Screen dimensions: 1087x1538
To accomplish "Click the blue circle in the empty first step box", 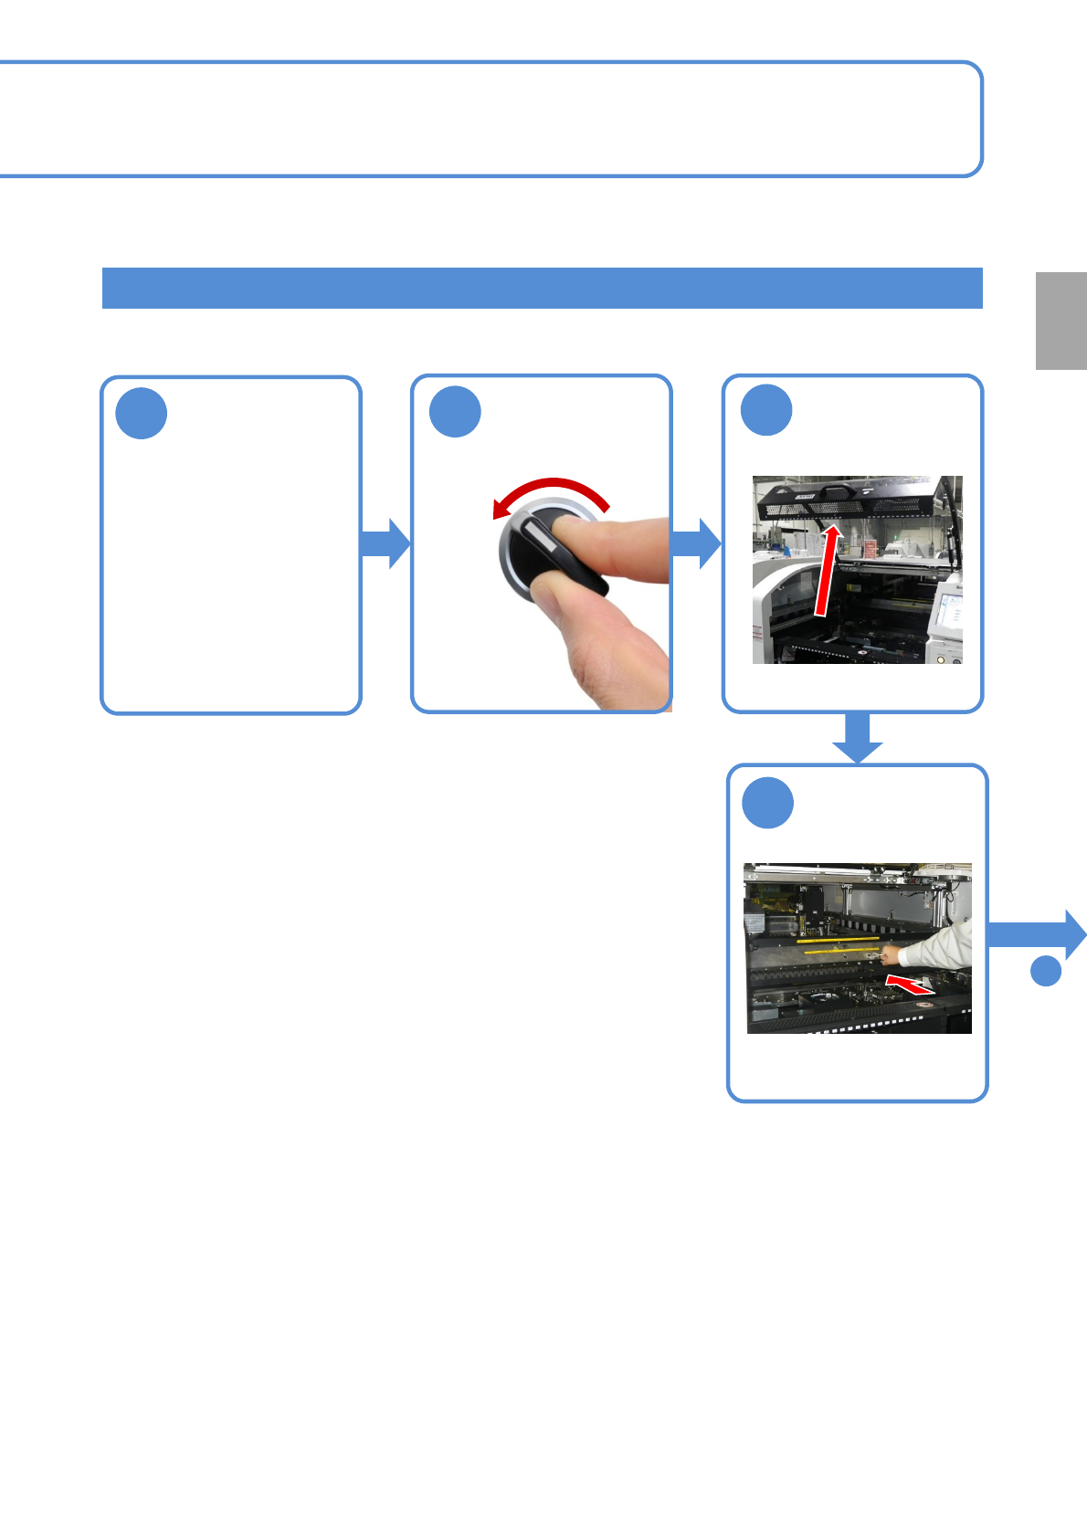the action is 142,414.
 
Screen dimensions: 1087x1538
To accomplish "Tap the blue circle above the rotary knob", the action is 455,412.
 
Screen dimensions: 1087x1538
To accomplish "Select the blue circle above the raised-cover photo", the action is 765,410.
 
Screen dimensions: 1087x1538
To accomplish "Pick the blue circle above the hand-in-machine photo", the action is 767,803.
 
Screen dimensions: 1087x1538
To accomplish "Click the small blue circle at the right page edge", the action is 1046,970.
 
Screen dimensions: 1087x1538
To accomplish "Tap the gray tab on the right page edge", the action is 1061,321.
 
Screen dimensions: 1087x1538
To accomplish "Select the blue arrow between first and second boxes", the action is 385,543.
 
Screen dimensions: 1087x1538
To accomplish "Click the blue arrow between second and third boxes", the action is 696,543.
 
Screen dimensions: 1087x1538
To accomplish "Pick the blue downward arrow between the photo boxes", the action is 857,739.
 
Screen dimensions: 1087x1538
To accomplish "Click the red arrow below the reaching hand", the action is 910,985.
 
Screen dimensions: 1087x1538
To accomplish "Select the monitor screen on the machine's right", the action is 948,616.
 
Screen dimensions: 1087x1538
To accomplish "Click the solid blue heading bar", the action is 542,289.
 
